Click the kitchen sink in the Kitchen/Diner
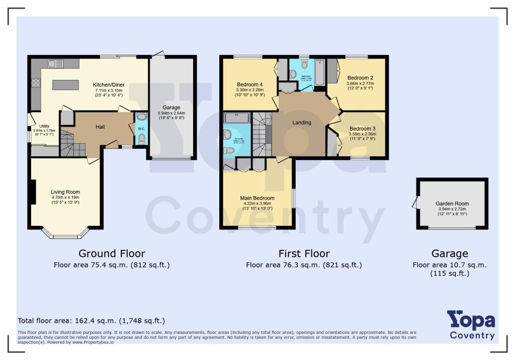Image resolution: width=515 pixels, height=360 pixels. point(55,63)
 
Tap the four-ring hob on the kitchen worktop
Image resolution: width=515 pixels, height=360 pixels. point(36,83)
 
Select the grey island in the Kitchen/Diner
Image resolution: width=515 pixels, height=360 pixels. point(66,85)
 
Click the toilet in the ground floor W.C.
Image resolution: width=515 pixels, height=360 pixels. point(141,138)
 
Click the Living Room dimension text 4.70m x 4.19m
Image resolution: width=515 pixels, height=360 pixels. point(65,198)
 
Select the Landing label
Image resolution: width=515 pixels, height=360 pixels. point(302,122)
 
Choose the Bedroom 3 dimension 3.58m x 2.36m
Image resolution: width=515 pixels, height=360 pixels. point(363,134)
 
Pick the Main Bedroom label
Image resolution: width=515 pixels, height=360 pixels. point(257,198)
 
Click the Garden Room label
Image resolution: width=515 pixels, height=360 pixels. point(452,204)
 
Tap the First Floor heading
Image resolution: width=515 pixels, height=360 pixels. point(304,253)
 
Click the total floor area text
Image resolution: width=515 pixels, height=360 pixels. point(91,320)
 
